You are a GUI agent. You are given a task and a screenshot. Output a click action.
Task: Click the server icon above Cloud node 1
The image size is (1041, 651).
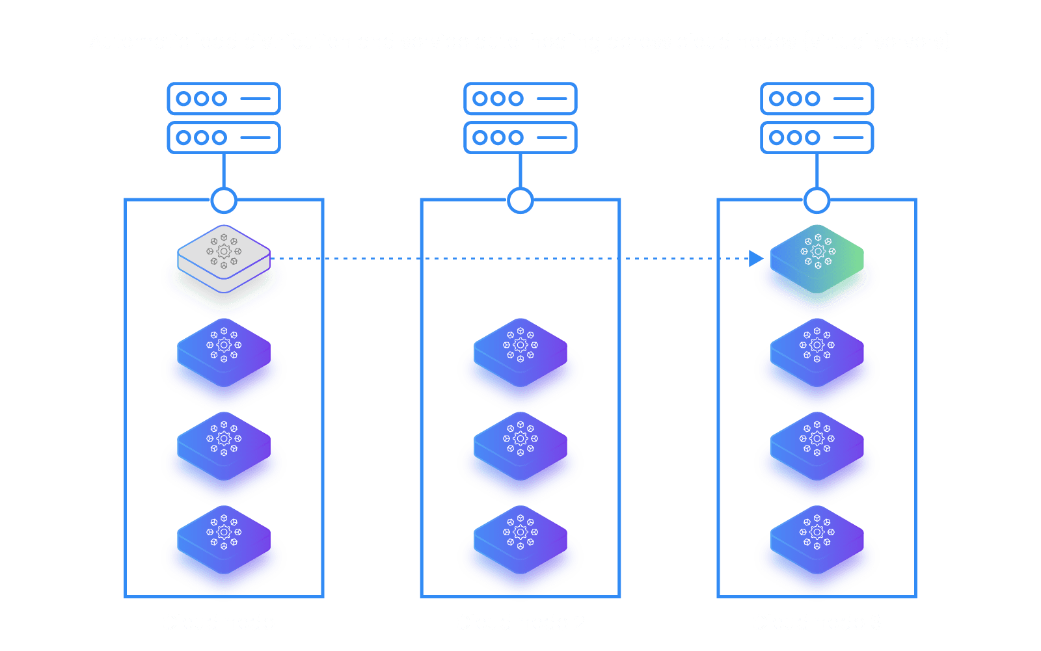(224, 118)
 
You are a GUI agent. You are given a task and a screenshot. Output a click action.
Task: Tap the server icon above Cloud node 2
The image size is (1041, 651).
(520, 118)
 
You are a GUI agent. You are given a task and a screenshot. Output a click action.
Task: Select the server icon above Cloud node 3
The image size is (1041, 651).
(817, 118)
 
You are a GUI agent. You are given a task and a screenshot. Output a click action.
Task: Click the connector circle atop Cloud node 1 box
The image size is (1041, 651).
(224, 200)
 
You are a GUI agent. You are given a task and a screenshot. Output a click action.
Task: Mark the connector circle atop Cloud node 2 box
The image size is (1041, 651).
(520, 200)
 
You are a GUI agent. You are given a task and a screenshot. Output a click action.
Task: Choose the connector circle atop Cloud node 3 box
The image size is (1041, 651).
(817, 200)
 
